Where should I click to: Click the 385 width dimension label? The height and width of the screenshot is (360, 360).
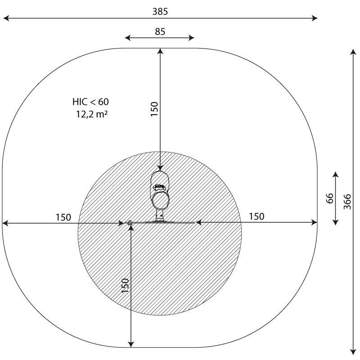click(x=160, y=11)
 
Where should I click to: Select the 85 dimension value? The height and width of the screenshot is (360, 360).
click(x=160, y=31)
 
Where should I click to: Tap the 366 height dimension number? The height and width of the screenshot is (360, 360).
click(x=347, y=202)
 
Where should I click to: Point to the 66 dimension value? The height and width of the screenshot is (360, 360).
click(x=329, y=198)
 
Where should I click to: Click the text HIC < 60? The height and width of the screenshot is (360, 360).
click(x=90, y=102)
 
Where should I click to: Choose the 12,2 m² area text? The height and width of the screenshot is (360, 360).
click(x=92, y=114)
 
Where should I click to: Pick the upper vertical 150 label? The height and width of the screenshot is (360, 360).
click(x=154, y=109)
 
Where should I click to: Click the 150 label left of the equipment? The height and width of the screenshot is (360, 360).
click(x=63, y=217)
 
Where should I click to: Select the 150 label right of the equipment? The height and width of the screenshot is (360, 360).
click(x=256, y=216)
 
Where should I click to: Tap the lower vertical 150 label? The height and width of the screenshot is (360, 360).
click(x=125, y=286)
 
